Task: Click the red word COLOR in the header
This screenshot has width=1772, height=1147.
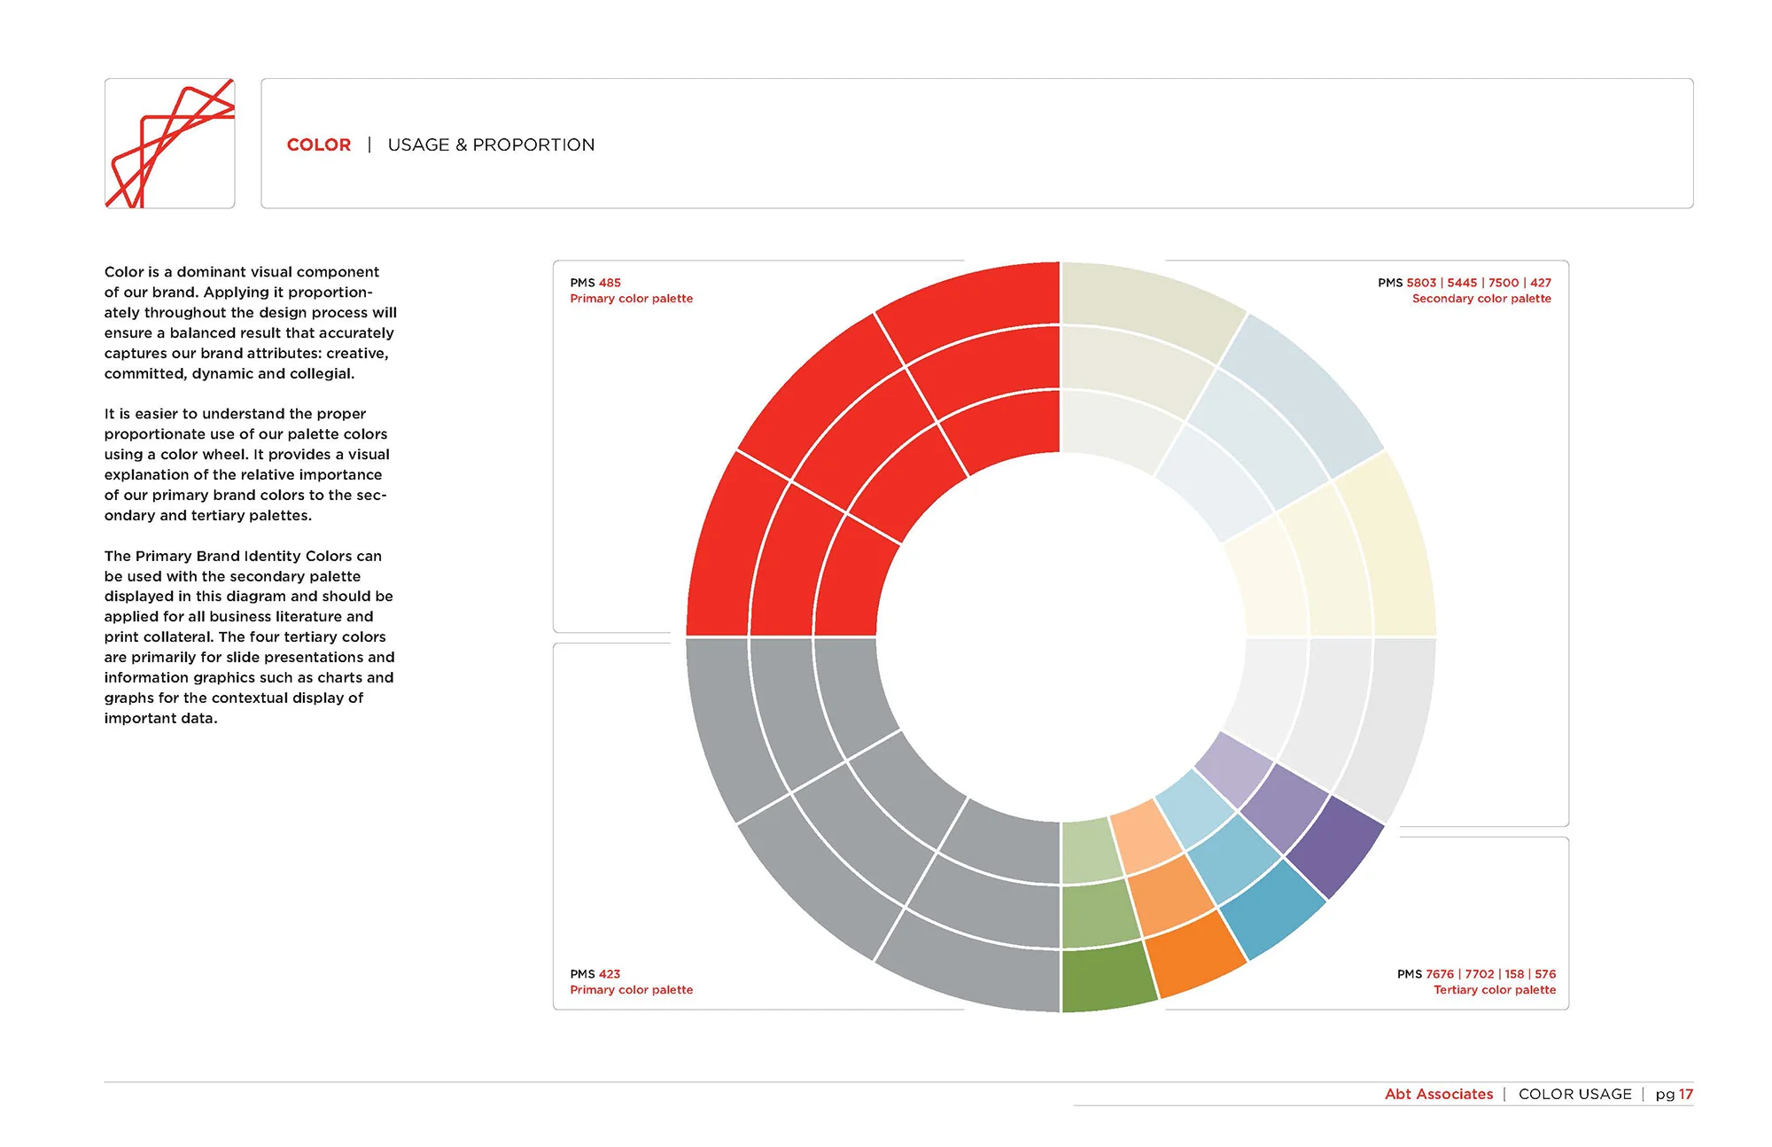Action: point(318,144)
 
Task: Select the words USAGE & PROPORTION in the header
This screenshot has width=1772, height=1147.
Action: point(491,144)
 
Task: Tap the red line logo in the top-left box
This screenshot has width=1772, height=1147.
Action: point(169,144)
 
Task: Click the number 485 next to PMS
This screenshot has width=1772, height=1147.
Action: point(610,283)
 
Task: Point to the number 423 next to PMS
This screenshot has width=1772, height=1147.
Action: point(610,973)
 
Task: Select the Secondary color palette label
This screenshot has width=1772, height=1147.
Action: point(1481,299)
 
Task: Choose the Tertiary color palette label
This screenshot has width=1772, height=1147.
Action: point(1494,989)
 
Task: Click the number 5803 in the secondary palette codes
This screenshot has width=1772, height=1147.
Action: point(1421,283)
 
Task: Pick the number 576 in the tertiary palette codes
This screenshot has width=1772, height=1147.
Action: point(1545,973)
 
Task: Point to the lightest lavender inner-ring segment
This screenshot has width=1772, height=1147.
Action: point(1233,768)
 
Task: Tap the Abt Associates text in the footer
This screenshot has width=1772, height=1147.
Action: point(1438,1094)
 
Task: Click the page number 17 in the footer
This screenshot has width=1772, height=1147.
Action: point(1685,1094)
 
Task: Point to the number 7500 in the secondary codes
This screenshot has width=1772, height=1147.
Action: point(1504,283)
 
